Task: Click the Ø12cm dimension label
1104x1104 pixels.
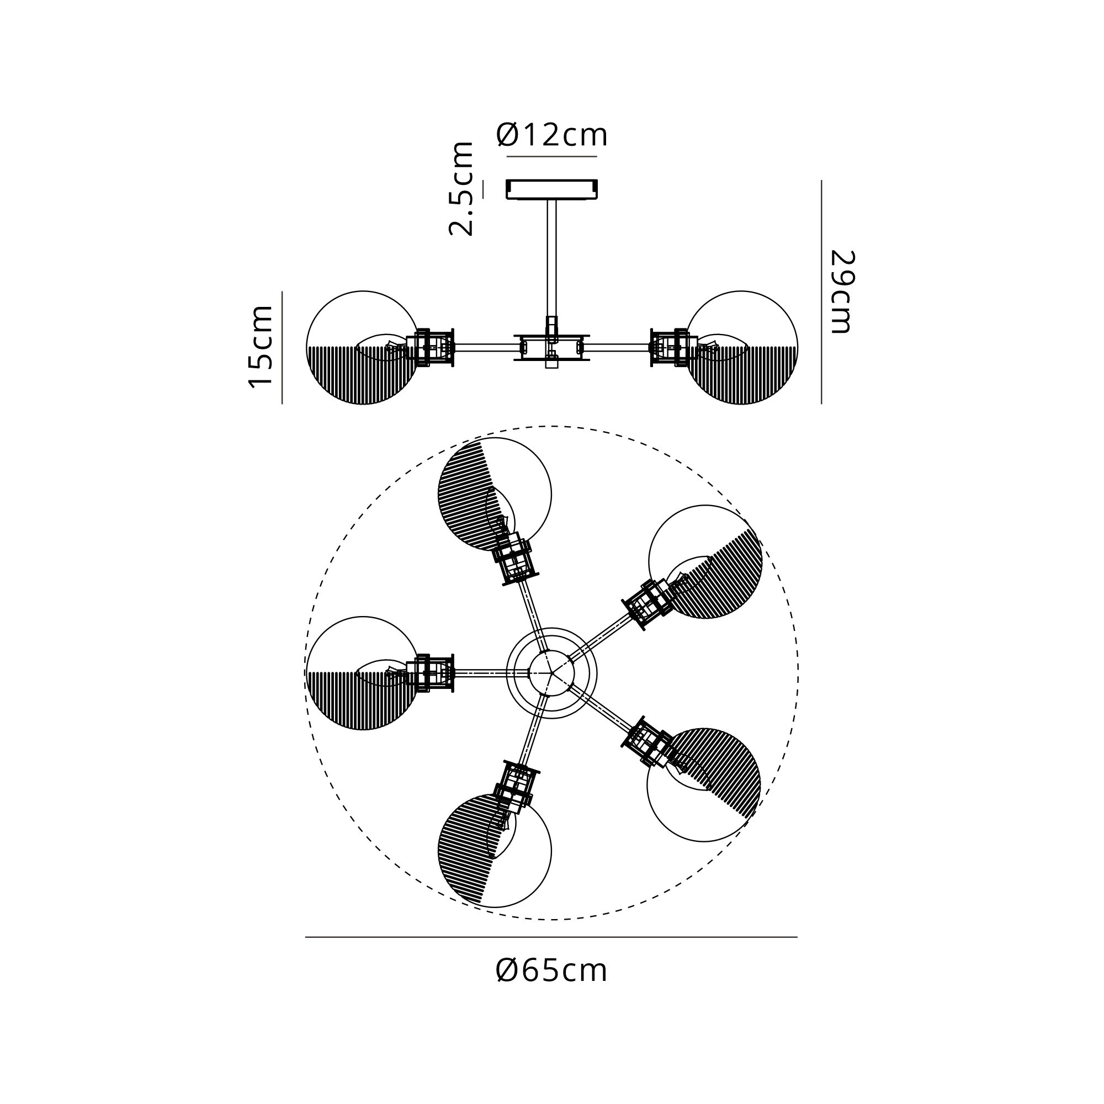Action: [551, 135]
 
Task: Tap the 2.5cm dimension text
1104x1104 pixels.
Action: [461, 189]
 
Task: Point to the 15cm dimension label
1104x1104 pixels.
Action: [261, 347]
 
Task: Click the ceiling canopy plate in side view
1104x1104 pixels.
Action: [551, 190]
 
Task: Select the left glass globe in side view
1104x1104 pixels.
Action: [363, 347]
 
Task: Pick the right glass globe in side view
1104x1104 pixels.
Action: [741, 347]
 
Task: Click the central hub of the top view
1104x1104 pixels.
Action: [551, 673]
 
